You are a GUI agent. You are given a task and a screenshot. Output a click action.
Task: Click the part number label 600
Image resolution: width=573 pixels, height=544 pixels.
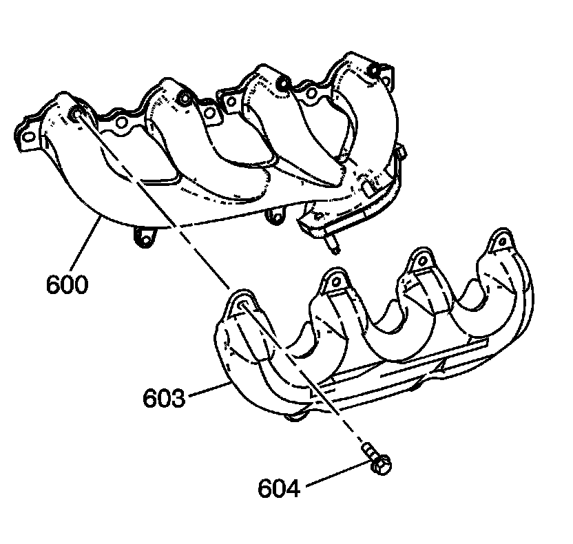click(67, 284)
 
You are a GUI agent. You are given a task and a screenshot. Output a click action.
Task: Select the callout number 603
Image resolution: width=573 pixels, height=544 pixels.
click(164, 398)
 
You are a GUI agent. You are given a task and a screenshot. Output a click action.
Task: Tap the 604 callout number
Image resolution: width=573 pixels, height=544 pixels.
click(279, 488)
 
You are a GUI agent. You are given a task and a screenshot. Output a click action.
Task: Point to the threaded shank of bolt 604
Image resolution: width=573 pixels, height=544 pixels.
click(367, 452)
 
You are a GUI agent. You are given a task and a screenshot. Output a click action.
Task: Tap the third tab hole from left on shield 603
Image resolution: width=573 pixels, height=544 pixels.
click(418, 260)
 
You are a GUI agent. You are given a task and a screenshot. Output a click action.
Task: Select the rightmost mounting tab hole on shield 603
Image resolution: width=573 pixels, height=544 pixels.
click(500, 241)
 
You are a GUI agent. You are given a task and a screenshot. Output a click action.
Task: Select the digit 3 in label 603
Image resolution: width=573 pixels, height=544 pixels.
click(177, 398)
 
